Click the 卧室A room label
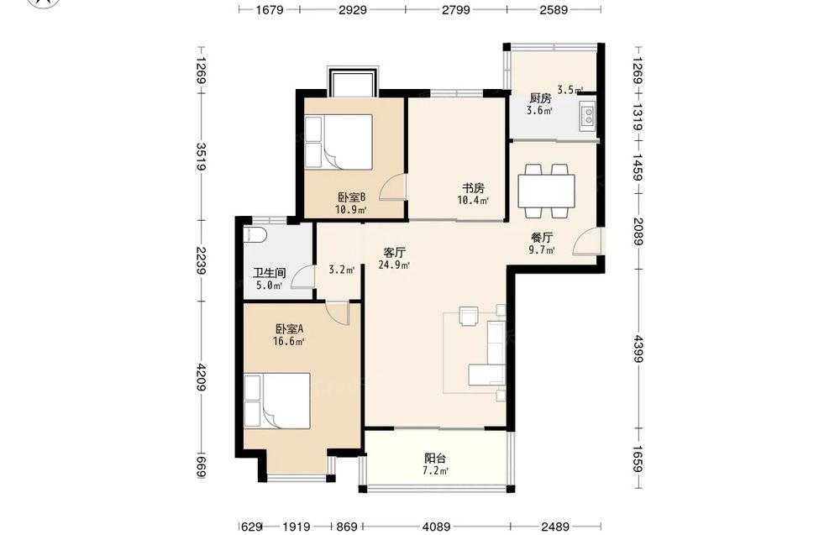coord(289,329)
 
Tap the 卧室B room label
coord(351,197)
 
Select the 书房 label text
coord(474,188)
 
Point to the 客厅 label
coord(395,252)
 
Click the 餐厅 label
coord(542,237)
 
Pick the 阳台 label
coord(435,459)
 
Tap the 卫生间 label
coord(269,273)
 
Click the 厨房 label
coord(540,98)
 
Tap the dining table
coord(547,191)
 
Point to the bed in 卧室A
coord(277,401)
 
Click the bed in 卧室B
coord(339,142)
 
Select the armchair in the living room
coord(470,316)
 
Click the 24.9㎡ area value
coord(394,265)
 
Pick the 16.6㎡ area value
coord(289,342)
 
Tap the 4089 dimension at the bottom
coord(436,527)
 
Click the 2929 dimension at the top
coord(353,9)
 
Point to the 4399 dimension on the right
coord(638,349)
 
